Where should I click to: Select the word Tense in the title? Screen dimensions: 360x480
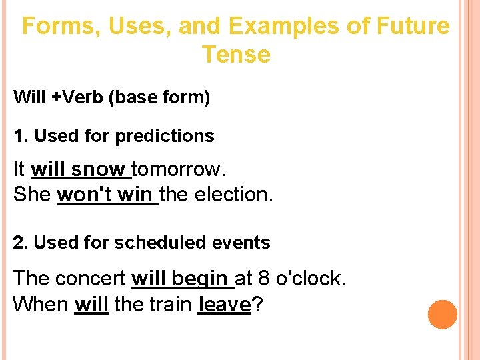point(236,55)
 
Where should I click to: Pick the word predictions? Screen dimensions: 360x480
point(165,136)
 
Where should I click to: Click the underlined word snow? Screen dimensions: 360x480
point(99,169)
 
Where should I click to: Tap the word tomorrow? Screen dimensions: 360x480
point(179,169)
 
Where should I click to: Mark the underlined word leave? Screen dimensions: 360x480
point(224,305)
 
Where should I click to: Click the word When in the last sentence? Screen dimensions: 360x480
point(41,305)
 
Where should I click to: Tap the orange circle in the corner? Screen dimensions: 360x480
point(443,315)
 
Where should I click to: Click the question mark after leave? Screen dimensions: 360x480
point(257,305)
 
